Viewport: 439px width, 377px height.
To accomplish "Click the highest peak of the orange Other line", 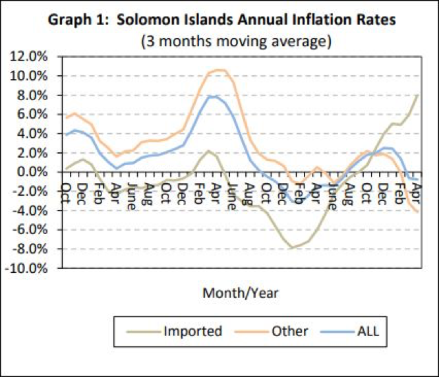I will coord(220,70).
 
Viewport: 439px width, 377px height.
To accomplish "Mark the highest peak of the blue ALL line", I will coord(211,96).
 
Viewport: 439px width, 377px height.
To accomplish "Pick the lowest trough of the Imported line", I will coord(291,248).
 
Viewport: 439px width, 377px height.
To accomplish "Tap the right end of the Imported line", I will coord(418,94).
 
